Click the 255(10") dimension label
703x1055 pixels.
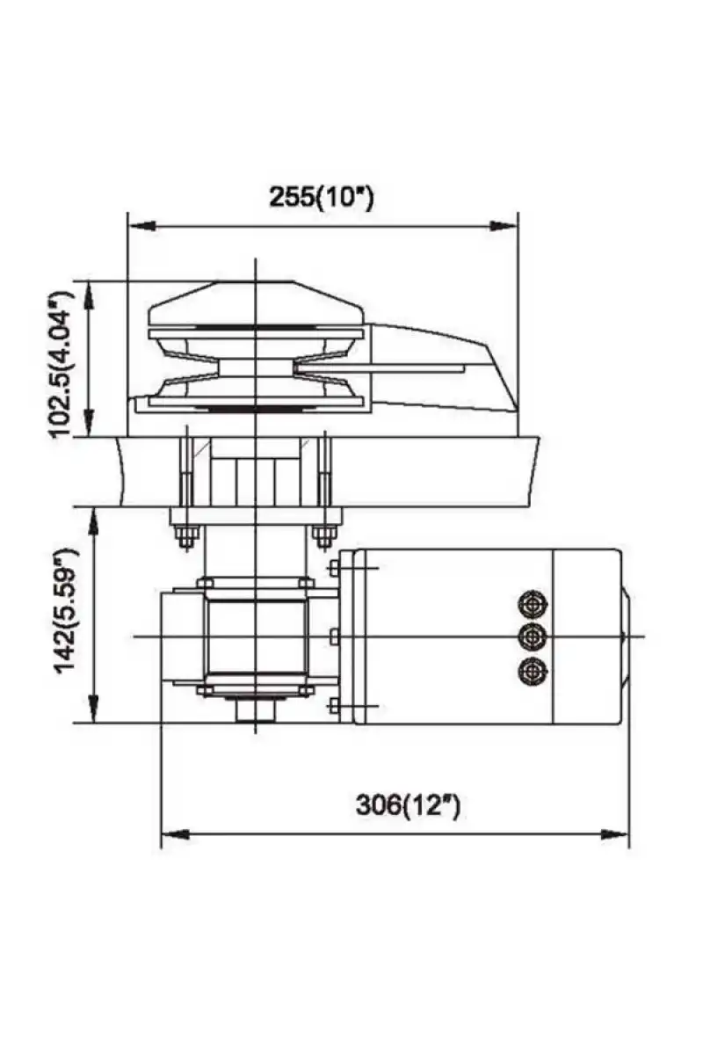(322, 196)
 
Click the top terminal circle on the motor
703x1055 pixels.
(533, 604)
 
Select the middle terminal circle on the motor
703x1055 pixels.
(533, 637)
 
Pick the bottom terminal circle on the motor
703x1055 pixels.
(533, 670)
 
